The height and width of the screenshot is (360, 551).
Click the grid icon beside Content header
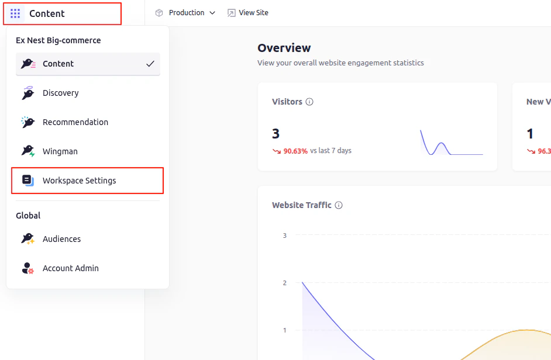pos(15,13)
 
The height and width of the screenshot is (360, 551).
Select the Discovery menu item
pos(60,93)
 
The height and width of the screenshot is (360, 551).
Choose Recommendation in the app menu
pos(75,122)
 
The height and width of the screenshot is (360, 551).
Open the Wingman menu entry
pos(60,151)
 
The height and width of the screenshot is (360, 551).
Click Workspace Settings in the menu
pos(79,181)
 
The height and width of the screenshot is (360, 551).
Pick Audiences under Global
pos(61,239)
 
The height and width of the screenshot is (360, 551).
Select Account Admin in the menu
pos(70,268)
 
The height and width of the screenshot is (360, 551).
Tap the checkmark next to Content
pos(150,64)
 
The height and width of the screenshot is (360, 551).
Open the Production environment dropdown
pos(185,13)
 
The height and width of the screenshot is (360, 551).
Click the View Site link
pos(248,13)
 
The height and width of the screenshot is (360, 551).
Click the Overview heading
pos(284,48)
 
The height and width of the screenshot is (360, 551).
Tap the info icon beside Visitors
pos(309,102)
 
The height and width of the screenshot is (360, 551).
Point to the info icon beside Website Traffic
pos(339,205)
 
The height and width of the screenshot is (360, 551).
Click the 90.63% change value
pos(295,151)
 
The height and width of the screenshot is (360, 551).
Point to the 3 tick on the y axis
pos(285,236)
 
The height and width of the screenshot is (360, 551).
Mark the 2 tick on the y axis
pos(285,283)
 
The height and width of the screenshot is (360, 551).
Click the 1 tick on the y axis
pos(285,330)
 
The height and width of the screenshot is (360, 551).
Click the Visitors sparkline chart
pos(451,143)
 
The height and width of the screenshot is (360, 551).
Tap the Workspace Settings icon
pos(28,181)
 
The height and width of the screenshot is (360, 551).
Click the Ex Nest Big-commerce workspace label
pos(58,40)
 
